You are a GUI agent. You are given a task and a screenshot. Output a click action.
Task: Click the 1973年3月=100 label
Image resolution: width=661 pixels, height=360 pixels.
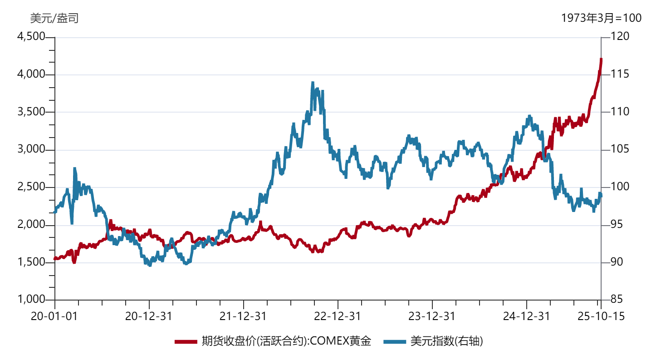(601, 18)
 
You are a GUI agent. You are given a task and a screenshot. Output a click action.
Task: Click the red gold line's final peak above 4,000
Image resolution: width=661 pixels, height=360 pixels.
(601, 59)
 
